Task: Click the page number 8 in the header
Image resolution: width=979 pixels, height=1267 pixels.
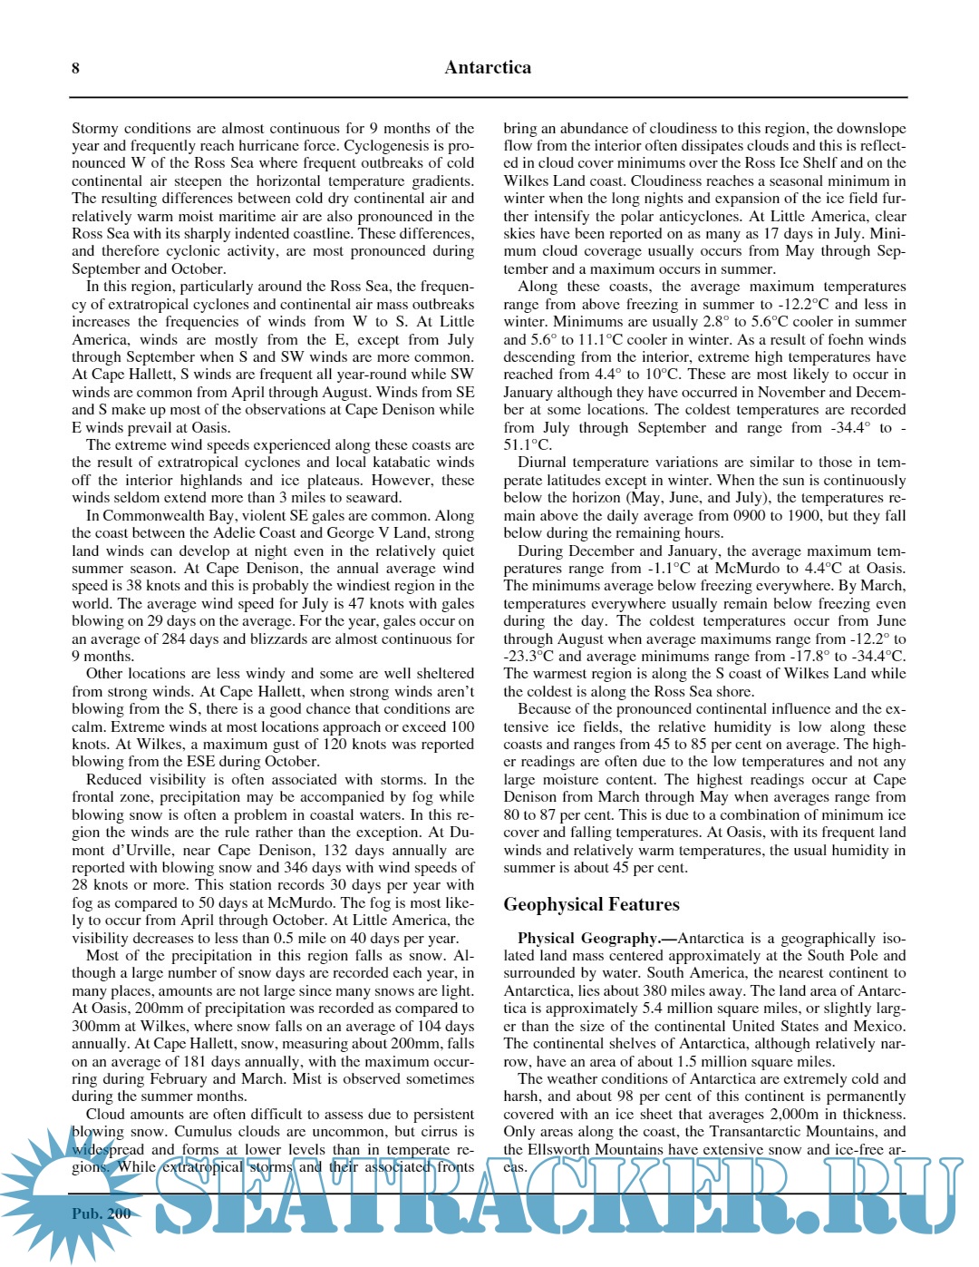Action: (75, 68)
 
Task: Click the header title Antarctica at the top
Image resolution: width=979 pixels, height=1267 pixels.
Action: (488, 67)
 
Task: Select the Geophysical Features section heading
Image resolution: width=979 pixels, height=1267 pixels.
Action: (591, 904)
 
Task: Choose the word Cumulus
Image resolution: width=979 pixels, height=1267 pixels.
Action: (202, 1132)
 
